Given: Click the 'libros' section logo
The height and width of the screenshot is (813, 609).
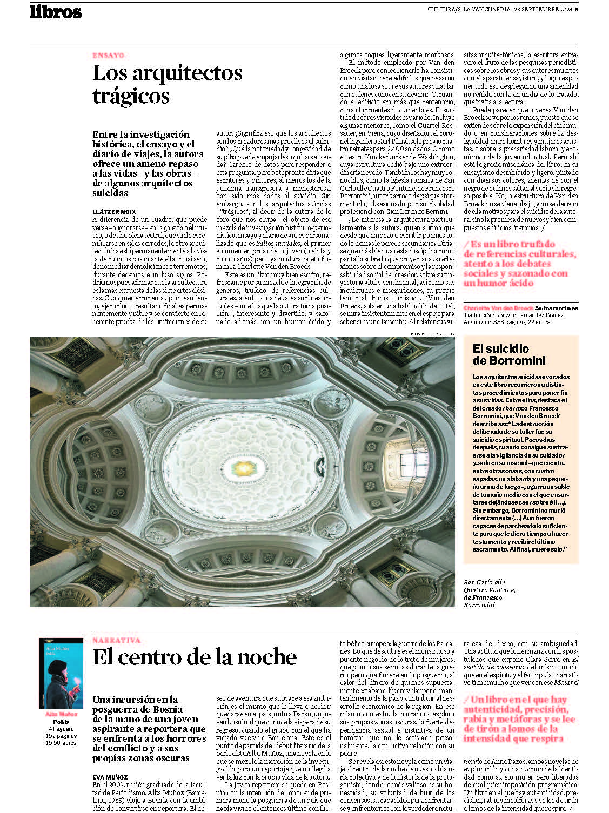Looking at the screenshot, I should click(x=56, y=12).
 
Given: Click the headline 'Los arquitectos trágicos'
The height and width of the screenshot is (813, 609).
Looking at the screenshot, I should click(x=168, y=84).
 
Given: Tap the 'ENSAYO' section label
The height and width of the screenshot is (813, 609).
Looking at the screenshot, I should click(x=109, y=55).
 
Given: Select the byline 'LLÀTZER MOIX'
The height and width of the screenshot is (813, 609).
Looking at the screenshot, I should click(x=114, y=212).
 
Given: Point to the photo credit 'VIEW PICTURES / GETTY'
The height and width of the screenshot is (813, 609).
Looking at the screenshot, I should click(x=432, y=334).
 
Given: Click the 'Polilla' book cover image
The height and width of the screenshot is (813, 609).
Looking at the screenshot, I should click(x=61, y=673).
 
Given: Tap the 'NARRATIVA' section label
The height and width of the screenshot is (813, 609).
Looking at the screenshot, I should click(x=116, y=640).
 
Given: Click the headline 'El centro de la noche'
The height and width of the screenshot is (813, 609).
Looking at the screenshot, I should click(x=195, y=657).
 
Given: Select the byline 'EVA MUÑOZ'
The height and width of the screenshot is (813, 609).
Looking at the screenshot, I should click(x=110, y=777).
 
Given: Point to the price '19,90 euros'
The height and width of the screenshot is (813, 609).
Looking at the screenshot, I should click(x=61, y=743).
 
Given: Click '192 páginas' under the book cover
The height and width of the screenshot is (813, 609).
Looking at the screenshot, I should click(x=61, y=736).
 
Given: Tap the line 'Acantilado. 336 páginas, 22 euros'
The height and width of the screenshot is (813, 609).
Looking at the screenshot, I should click(x=506, y=322).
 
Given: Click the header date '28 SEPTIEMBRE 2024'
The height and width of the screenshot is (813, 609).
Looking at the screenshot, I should click(x=542, y=9).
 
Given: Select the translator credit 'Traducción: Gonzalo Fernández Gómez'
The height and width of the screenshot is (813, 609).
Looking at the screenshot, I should click(x=513, y=315).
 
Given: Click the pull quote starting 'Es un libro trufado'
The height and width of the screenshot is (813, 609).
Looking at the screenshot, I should click(x=518, y=263).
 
